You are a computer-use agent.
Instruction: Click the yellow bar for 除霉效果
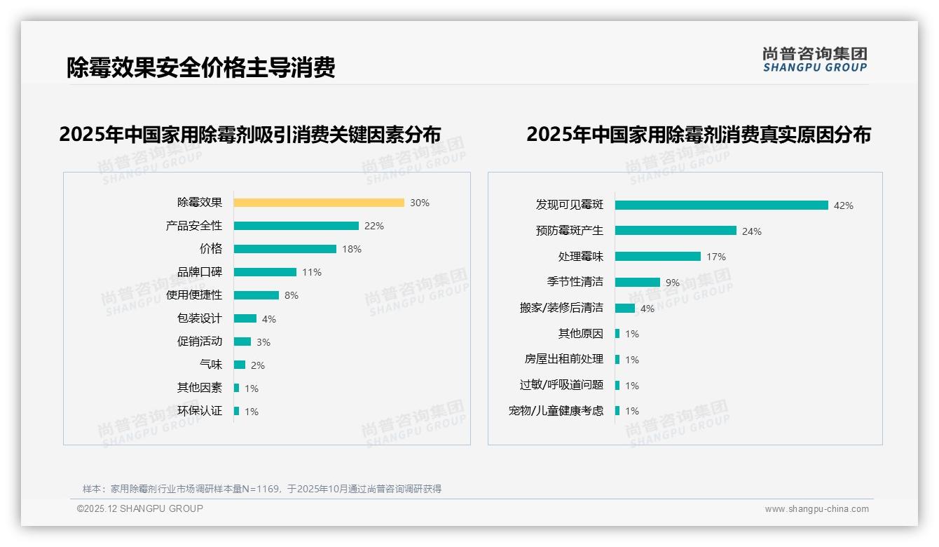tap(319, 203)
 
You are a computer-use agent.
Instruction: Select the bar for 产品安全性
tap(296, 226)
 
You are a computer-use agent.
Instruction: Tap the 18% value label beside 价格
tap(352, 249)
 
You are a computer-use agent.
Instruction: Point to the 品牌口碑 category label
tap(200, 272)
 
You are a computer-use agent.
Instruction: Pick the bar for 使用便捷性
tap(256, 295)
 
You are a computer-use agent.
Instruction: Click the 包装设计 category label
tap(200, 318)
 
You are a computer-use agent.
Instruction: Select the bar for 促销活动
tap(242, 342)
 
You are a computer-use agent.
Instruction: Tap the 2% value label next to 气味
tap(258, 365)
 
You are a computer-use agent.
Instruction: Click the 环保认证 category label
tap(200, 411)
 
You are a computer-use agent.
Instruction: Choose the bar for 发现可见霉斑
tap(722, 205)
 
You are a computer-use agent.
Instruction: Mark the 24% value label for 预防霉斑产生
tap(752, 231)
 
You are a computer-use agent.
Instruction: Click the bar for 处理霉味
tap(658, 257)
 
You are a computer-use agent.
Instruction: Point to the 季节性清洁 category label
tap(575, 282)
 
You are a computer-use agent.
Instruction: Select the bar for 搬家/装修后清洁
tap(625, 308)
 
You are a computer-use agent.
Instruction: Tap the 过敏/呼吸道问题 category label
tap(561, 385)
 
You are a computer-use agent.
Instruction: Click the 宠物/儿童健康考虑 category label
tap(556, 411)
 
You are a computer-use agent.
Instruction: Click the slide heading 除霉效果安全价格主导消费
tap(201, 67)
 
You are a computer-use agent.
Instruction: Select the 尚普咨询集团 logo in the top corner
tap(815, 60)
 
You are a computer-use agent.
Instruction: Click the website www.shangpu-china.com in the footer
tap(816, 509)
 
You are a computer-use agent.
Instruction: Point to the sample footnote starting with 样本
tap(262, 489)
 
